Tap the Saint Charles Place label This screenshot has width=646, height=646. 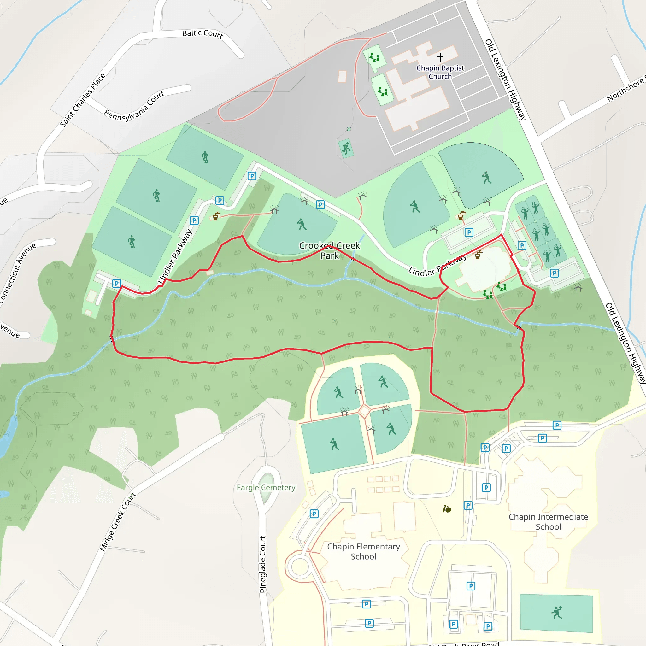83,100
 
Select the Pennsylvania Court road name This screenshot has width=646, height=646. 134,107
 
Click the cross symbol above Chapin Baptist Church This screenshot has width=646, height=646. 440,57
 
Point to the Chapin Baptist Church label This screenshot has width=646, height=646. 440,72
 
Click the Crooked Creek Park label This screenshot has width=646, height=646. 329,250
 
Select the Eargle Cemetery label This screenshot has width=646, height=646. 266,488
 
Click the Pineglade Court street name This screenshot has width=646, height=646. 263,564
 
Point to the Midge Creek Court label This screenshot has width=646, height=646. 118,522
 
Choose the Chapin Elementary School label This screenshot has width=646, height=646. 363,551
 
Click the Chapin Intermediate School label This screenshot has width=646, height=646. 548,522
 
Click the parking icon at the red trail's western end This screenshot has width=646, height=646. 116,284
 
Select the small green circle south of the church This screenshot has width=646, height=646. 349,129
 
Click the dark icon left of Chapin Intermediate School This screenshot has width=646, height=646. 447,509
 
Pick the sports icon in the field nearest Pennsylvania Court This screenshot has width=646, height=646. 205,157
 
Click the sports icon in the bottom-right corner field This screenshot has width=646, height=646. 557,613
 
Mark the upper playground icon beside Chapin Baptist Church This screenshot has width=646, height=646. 375,57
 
